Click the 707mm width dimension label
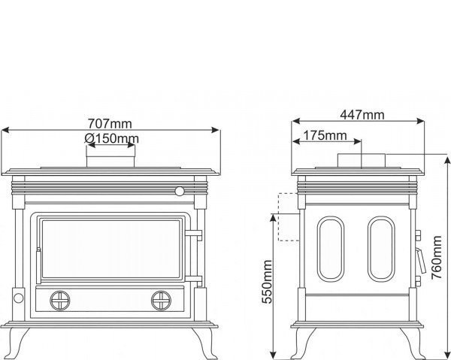[110, 124]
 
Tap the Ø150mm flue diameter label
[111, 138]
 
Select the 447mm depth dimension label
[362, 115]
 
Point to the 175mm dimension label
[325, 135]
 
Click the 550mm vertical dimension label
[267, 282]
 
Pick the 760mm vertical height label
[436, 257]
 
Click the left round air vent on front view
[60, 301]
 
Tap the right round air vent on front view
[161, 301]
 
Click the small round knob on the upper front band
[180, 191]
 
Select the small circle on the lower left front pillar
[18, 298]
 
